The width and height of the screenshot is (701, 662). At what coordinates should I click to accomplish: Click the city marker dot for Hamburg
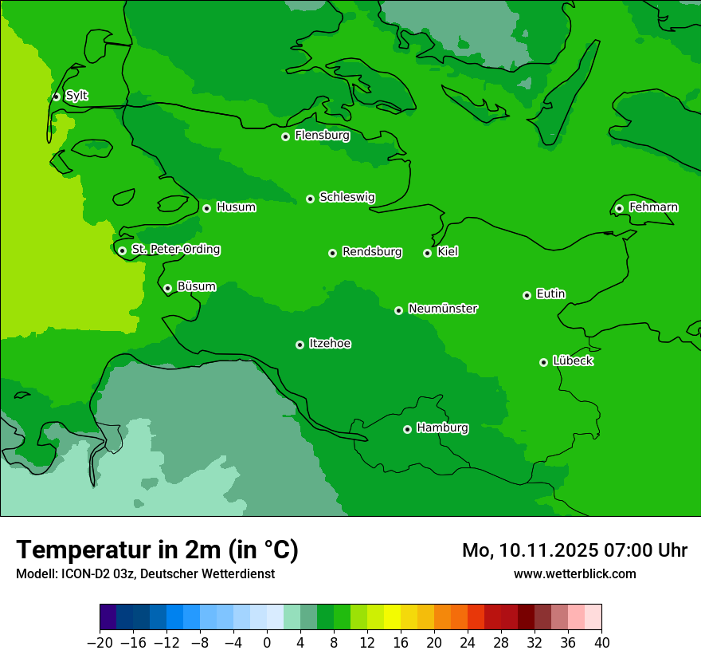click(x=407, y=429)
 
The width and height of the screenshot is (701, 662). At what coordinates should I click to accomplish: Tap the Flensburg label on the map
click(x=322, y=136)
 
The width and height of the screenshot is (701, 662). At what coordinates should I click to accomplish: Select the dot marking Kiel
click(x=427, y=253)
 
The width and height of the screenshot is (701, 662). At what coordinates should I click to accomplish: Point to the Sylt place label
click(x=76, y=96)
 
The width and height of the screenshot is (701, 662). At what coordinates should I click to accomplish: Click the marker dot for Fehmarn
click(x=619, y=208)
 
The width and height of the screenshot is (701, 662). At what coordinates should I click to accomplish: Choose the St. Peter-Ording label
click(x=175, y=250)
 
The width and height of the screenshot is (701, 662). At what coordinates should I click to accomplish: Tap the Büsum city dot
click(x=167, y=288)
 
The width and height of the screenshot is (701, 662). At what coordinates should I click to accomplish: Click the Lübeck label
click(x=573, y=361)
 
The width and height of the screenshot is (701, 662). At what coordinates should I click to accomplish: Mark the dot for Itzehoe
click(x=300, y=345)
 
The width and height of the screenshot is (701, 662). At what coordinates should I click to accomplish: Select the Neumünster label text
click(x=443, y=309)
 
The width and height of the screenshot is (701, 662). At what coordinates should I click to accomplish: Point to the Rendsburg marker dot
click(x=332, y=253)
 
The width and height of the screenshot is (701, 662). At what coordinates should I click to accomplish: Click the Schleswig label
click(x=347, y=197)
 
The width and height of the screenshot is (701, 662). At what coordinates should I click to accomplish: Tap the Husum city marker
click(x=206, y=208)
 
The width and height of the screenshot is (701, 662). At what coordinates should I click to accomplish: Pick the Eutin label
click(x=550, y=294)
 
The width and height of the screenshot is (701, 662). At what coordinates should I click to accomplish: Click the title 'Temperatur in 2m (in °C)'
click(x=157, y=550)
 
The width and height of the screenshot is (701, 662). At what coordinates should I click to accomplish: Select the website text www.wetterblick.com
click(x=574, y=574)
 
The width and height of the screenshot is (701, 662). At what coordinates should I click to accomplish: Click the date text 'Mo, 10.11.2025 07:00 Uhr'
click(x=574, y=550)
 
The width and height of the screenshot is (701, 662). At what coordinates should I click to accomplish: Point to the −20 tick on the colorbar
click(x=100, y=643)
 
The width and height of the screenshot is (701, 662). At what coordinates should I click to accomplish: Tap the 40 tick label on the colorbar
click(x=601, y=643)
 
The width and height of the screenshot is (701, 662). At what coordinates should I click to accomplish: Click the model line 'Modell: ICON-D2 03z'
click(x=145, y=574)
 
